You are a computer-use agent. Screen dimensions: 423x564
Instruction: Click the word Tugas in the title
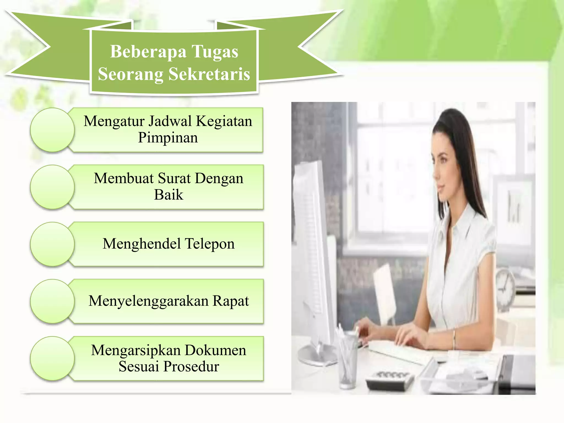pyautogui.click(x=215, y=52)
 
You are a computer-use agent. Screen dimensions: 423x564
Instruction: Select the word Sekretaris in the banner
pyautogui.click(x=209, y=74)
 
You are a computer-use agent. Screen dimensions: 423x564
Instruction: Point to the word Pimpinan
pyautogui.click(x=168, y=138)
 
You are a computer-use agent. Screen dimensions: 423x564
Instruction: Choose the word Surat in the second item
pyautogui.click(x=174, y=178)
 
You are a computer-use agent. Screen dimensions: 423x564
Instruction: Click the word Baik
pyautogui.click(x=168, y=195)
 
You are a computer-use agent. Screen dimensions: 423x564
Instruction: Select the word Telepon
pyautogui.click(x=210, y=244)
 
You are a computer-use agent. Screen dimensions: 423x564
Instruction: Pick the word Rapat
pyautogui.click(x=231, y=301)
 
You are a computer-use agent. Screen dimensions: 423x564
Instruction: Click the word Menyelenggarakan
pyautogui.click(x=148, y=301)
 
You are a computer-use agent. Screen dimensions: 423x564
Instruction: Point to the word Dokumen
pyautogui.click(x=215, y=350)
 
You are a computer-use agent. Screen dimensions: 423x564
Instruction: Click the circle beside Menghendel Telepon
pyautogui.click(x=52, y=244)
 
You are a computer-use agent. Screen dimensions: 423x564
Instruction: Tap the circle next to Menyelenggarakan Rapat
pyautogui.click(x=52, y=301)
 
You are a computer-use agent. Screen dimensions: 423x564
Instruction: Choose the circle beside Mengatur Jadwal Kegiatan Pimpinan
pyautogui.click(x=52, y=130)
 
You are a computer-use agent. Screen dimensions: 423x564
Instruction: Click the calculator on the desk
pyautogui.click(x=390, y=379)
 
